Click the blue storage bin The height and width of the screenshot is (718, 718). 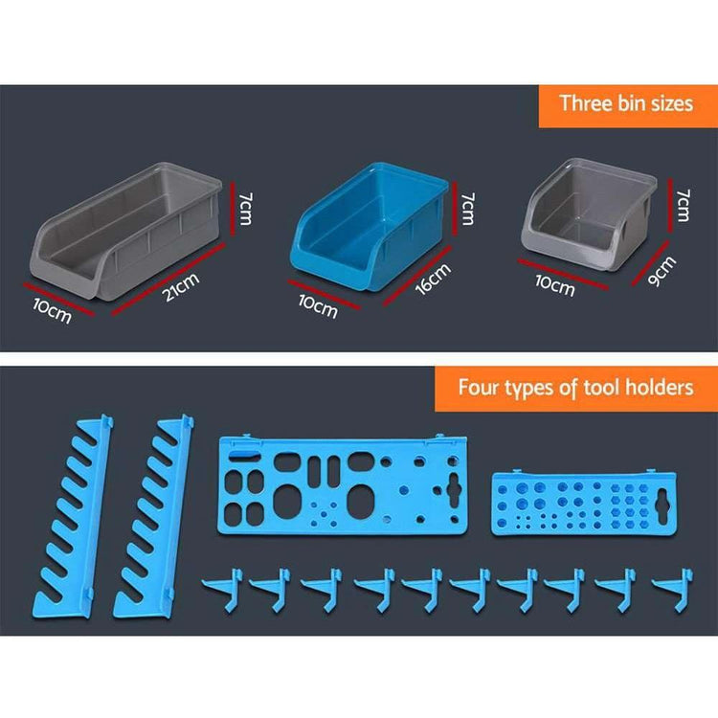click(x=370, y=226)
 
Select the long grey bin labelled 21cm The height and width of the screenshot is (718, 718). click(x=126, y=232)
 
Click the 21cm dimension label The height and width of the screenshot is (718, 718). click(x=182, y=287)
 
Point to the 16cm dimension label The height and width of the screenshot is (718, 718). click(x=433, y=279)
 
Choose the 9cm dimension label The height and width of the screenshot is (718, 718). click(x=662, y=272)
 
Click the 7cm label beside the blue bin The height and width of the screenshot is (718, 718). click(x=467, y=209)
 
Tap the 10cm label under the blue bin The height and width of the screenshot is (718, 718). click(x=318, y=306)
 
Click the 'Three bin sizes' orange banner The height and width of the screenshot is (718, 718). click(x=628, y=105)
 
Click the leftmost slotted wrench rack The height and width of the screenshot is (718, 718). click(x=74, y=517)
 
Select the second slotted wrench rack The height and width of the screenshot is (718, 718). click(x=154, y=517)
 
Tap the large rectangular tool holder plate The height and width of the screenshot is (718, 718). click(x=343, y=485)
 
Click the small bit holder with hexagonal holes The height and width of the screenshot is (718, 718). click(x=584, y=503)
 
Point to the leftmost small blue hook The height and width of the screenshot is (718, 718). click(x=223, y=590)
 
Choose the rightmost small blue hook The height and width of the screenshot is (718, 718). click(x=673, y=590)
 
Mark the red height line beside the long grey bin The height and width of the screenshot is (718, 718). click(x=233, y=209)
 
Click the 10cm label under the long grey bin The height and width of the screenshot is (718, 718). click(x=53, y=311)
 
